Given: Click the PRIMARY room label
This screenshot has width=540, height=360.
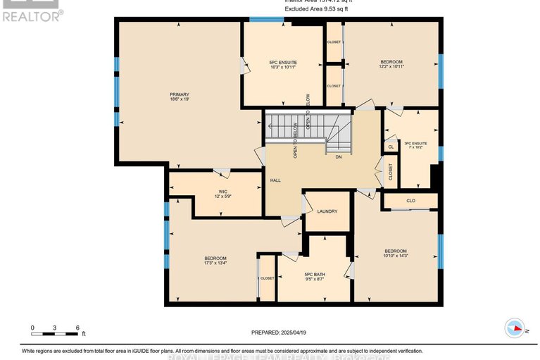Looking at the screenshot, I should pos(179,94).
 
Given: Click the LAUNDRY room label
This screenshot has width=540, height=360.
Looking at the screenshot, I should pos(327,211).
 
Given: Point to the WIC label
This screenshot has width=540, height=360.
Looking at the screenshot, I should pos(222,190).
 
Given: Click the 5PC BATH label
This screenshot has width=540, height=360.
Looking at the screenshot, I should pos(314,274).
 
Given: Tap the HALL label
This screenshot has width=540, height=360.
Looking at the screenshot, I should pos(276,180).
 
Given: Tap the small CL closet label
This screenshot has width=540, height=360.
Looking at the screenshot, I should pos(391,147).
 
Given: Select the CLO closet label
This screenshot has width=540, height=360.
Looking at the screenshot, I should pos(411,201).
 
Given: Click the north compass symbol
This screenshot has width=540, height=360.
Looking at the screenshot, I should pos(515,328).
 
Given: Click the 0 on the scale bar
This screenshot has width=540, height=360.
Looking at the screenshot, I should pos(32,328).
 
